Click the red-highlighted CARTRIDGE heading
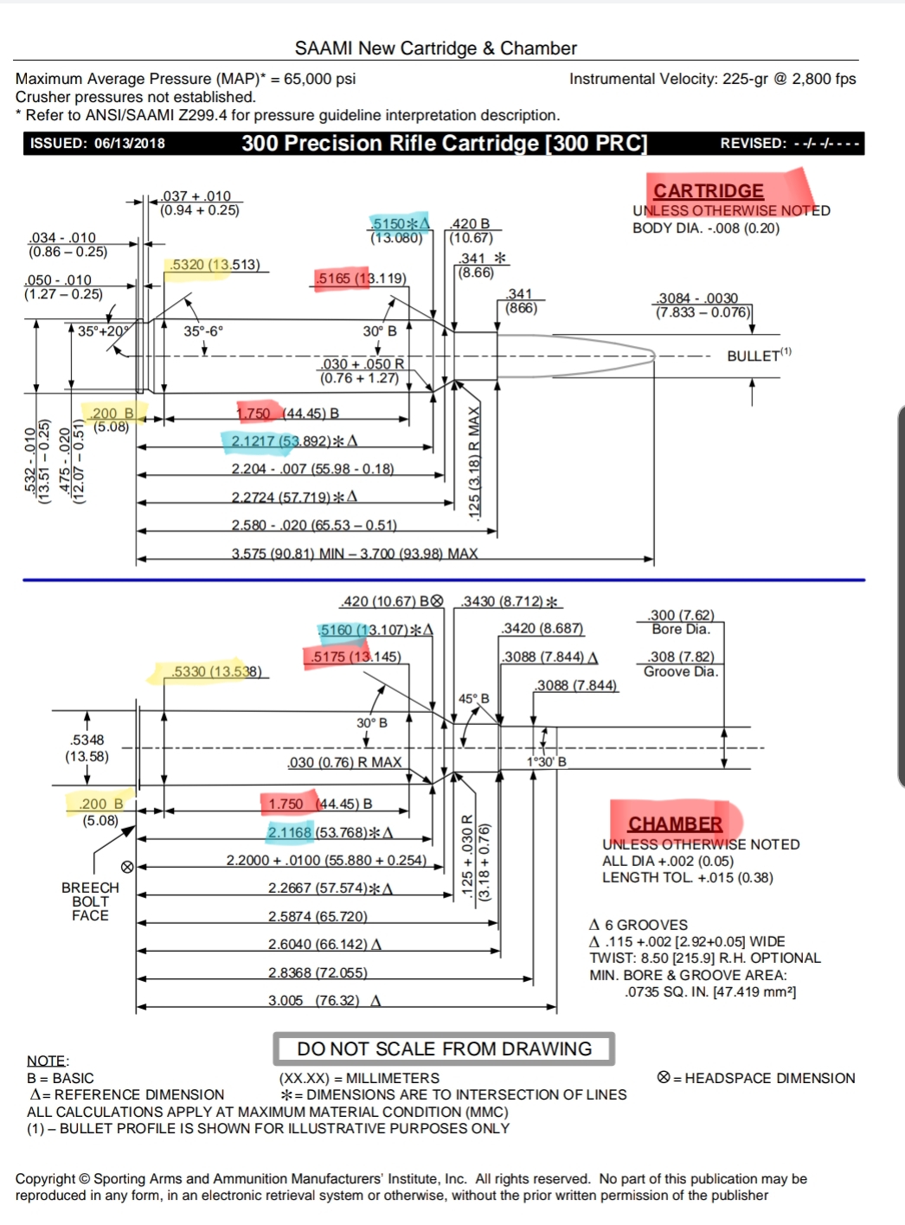(x=709, y=190)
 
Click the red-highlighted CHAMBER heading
(x=675, y=824)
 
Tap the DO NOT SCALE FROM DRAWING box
(x=444, y=1049)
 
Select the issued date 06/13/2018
(x=129, y=144)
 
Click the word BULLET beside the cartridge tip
(x=753, y=356)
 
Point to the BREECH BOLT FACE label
(x=90, y=901)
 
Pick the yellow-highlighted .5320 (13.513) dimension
(x=215, y=265)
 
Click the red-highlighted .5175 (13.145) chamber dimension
(x=356, y=657)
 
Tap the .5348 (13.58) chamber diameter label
(x=87, y=747)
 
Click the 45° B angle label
(x=473, y=698)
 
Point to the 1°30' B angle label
(x=547, y=762)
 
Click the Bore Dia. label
(x=681, y=629)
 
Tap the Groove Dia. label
(x=681, y=671)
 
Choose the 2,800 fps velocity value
(x=824, y=79)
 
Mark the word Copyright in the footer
(x=45, y=1178)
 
